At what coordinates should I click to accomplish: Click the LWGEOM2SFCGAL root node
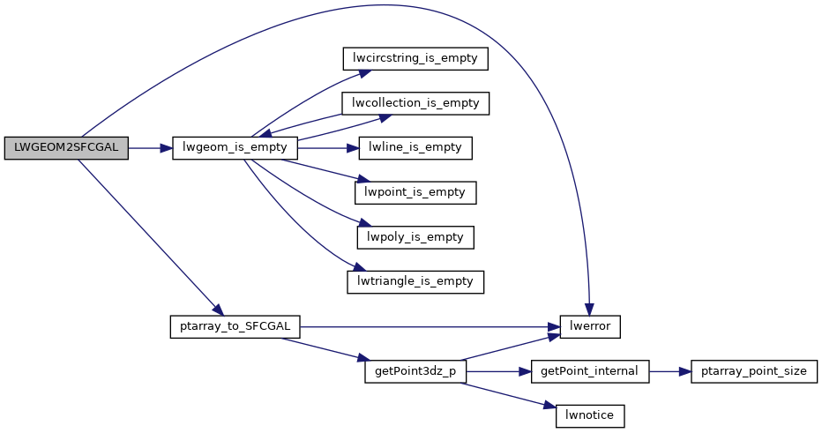[x=66, y=148]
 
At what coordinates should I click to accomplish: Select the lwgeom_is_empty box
[x=235, y=148]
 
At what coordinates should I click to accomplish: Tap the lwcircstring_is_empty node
[x=415, y=58]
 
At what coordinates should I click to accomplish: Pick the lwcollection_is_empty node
[x=415, y=103]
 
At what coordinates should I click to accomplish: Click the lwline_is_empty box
[x=415, y=148]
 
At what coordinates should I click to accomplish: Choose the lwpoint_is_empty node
[x=415, y=191]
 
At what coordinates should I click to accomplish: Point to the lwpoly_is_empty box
[x=415, y=237]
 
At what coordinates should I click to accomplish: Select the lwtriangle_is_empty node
[x=415, y=282]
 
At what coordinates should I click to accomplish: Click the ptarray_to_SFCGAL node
[x=235, y=326]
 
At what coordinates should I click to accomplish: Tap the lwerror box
[x=591, y=326]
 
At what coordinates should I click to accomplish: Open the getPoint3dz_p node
[x=415, y=371]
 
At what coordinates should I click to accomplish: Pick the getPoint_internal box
[x=591, y=371]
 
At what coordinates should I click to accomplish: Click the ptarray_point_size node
[x=754, y=371]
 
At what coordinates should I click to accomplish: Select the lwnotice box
[x=590, y=415]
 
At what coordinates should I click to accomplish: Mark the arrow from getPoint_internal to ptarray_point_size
[x=670, y=371]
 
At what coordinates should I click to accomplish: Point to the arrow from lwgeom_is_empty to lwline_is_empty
[x=326, y=148]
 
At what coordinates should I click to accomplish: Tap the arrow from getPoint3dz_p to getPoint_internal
[x=498, y=371]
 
